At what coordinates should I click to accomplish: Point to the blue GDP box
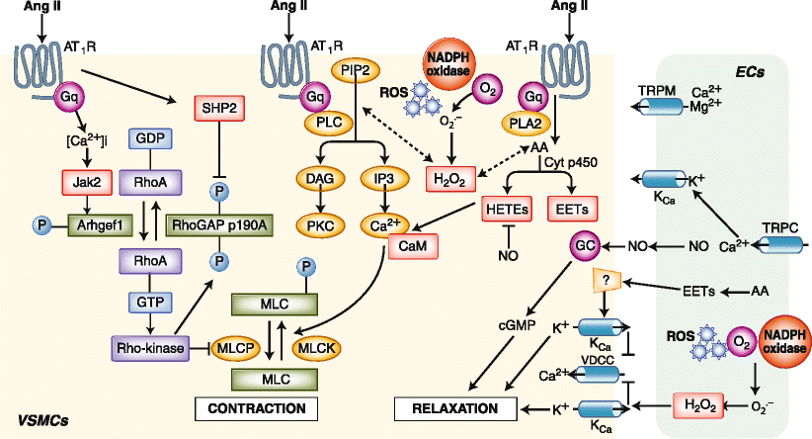point(146,140)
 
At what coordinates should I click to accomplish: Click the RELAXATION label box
point(455,407)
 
